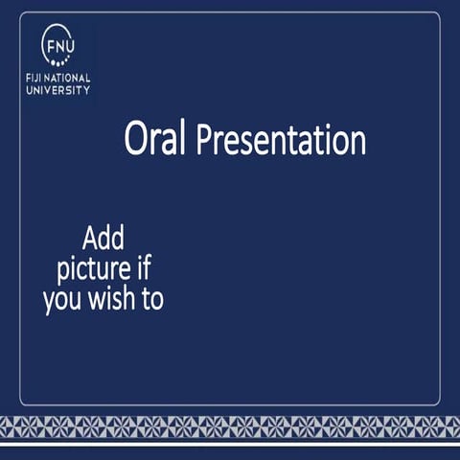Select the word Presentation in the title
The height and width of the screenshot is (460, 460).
coord(282,142)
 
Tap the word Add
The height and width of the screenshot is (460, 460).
coord(103,237)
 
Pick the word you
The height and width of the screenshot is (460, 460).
coord(61,300)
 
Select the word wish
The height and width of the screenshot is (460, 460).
coord(111,299)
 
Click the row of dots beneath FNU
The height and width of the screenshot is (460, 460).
coord(59,60)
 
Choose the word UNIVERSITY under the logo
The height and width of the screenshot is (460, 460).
coord(58,90)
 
